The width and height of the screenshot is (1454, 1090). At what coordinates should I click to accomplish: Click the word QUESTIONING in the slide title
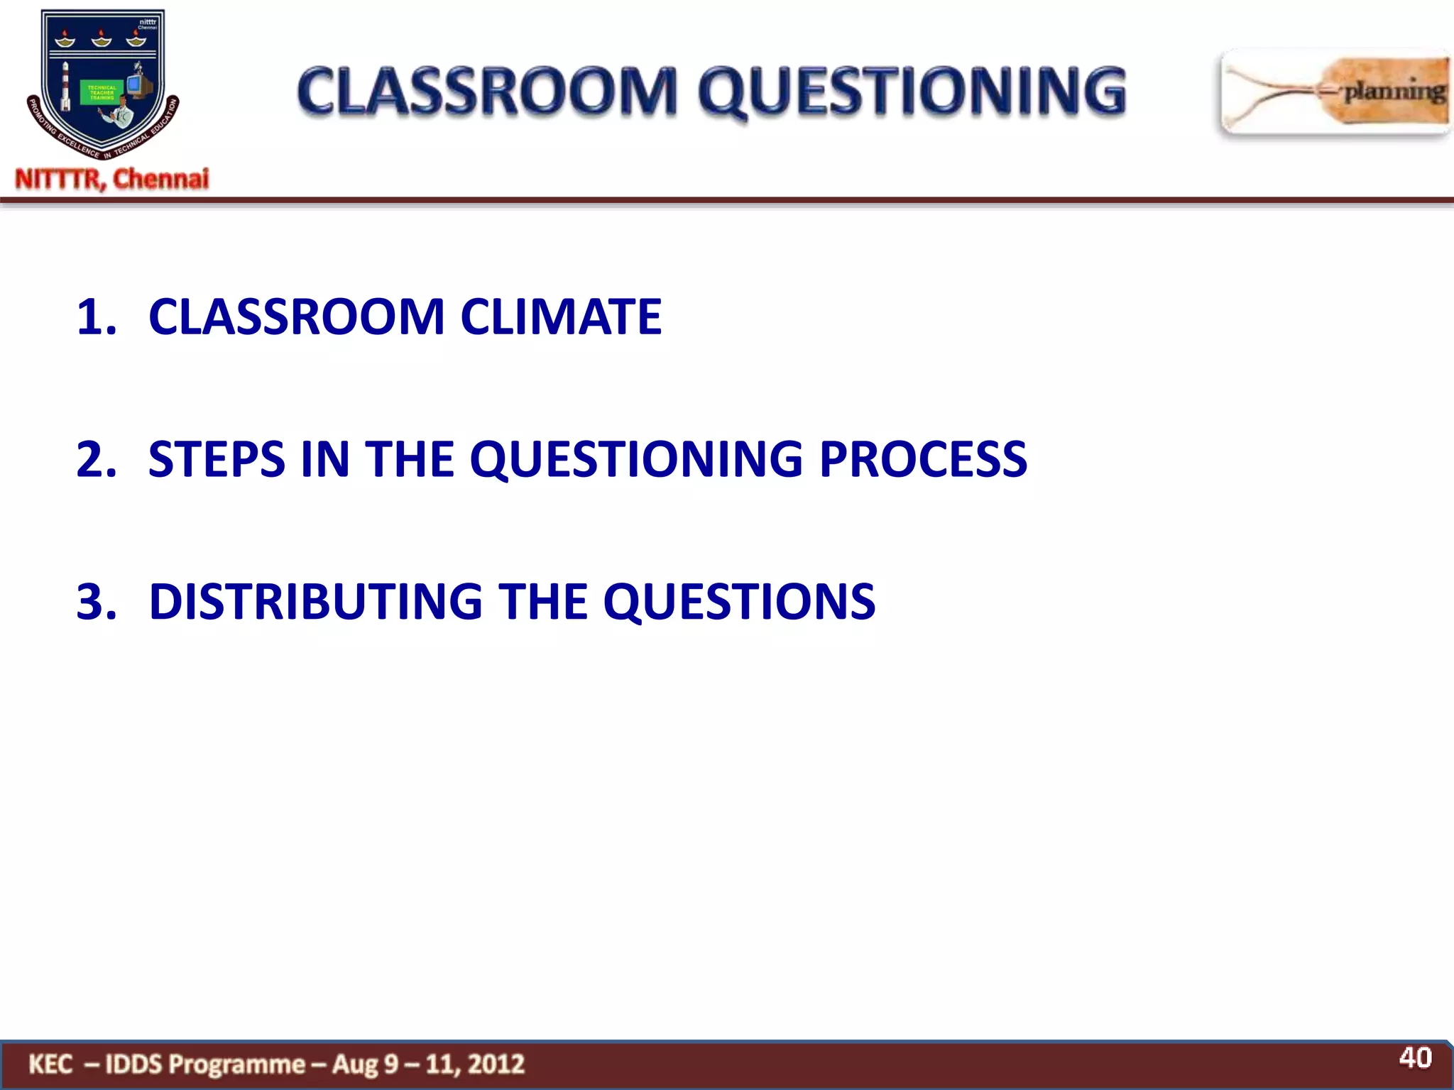point(912,92)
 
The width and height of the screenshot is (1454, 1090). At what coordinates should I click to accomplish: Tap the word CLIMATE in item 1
point(561,316)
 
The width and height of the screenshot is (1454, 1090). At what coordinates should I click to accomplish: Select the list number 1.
point(96,317)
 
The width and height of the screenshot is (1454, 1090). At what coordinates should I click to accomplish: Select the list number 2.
point(96,459)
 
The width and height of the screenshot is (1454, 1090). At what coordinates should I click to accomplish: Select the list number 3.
point(96,602)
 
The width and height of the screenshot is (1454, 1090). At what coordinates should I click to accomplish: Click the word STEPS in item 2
point(217,459)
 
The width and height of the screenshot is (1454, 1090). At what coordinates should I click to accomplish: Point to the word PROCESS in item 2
point(923,459)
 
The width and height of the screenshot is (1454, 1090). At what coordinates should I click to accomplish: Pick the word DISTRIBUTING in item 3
point(315,602)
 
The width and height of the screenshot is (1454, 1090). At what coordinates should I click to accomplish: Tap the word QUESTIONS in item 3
point(739,602)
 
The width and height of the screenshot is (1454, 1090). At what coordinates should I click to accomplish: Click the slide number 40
point(1415,1058)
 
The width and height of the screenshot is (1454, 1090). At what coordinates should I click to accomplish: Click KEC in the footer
point(50,1064)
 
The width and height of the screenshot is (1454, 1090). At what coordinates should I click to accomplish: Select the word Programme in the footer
point(237,1064)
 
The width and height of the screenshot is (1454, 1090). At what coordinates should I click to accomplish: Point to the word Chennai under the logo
point(161,179)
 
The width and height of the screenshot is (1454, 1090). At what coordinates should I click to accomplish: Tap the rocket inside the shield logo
point(66,87)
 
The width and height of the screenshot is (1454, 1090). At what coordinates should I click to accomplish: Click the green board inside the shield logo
point(102,92)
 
